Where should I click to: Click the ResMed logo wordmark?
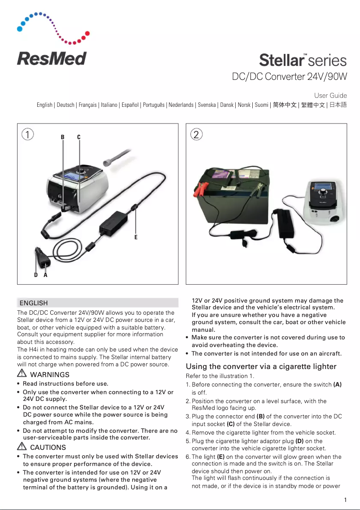click(x=52, y=58)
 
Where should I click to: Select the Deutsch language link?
click(x=66, y=105)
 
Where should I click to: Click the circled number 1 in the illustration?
click(x=28, y=134)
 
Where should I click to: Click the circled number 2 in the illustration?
click(x=196, y=134)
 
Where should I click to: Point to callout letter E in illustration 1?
click(x=136, y=237)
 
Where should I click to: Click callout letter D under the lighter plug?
click(x=36, y=275)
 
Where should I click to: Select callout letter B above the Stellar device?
click(x=63, y=137)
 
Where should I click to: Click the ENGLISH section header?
click(x=34, y=303)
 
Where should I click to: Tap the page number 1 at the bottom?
click(x=345, y=500)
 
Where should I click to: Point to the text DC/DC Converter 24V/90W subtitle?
click(x=289, y=77)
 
